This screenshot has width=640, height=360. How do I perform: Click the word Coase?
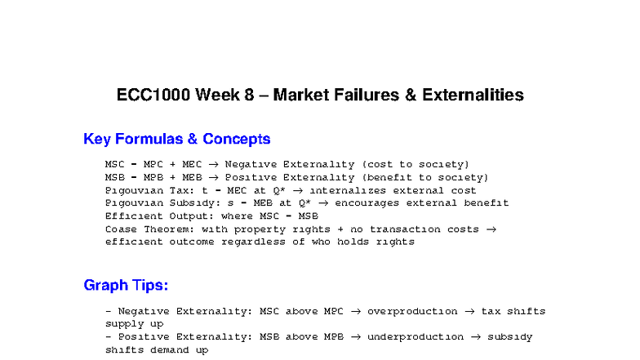pyautogui.click(x=121, y=229)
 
